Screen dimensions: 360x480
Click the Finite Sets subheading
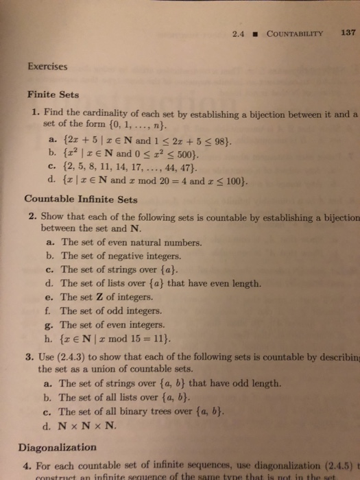click(52, 96)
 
